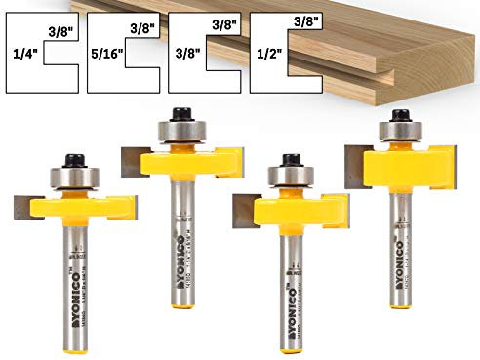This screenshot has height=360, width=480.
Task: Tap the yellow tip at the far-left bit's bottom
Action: pyautogui.click(x=77, y=342)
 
